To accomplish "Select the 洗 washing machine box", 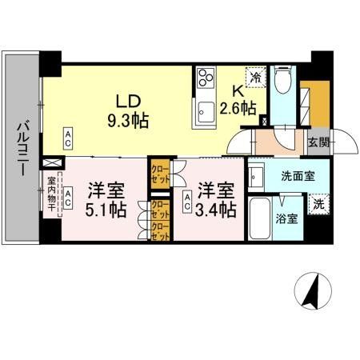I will (317, 204).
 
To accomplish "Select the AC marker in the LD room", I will (70, 138).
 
